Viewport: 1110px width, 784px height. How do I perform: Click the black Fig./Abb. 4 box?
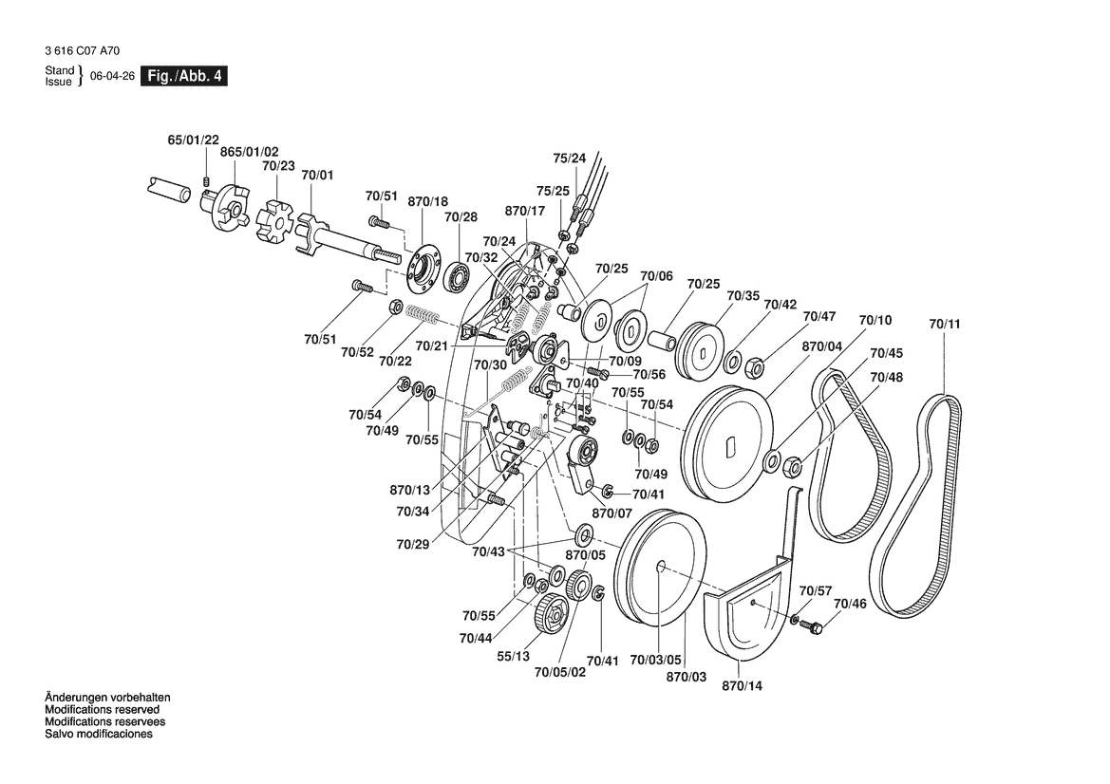pyautogui.click(x=183, y=77)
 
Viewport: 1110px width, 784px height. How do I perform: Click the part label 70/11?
pyautogui.click(x=945, y=325)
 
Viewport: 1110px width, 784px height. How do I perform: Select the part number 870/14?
pyautogui.click(x=743, y=685)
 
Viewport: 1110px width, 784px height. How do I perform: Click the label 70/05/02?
pyautogui.click(x=560, y=673)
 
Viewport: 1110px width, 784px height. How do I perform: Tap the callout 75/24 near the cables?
pyautogui.click(x=570, y=158)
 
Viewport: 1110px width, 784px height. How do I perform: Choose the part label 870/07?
pyautogui.click(x=611, y=513)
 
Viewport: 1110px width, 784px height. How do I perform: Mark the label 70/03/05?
pyautogui.click(x=656, y=660)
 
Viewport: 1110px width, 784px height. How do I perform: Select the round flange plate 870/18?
pyautogui.click(x=422, y=265)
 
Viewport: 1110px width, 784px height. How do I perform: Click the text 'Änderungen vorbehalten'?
pyautogui.click(x=108, y=698)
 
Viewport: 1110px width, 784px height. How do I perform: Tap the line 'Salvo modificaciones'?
pyautogui.click(x=99, y=735)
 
